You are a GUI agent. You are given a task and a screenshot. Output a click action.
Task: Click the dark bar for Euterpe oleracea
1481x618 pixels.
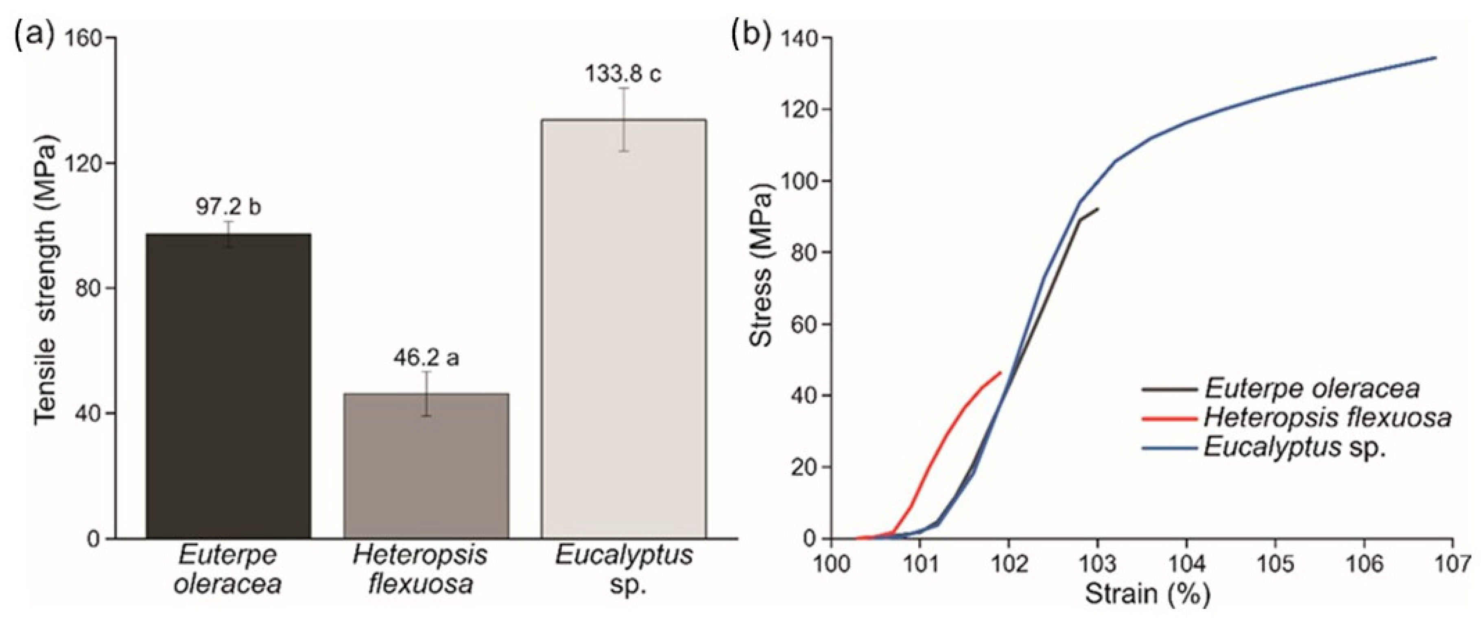point(228,385)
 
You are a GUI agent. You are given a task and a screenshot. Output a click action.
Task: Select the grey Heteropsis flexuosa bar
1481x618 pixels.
point(426,466)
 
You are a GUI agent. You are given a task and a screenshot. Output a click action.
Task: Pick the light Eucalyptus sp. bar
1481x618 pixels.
point(624,328)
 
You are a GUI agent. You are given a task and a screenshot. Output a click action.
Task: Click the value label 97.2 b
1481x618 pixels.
point(228,207)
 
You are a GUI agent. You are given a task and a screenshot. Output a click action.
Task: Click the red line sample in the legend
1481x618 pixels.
point(1170,418)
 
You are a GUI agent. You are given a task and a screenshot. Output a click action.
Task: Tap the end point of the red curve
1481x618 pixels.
point(1001,373)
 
